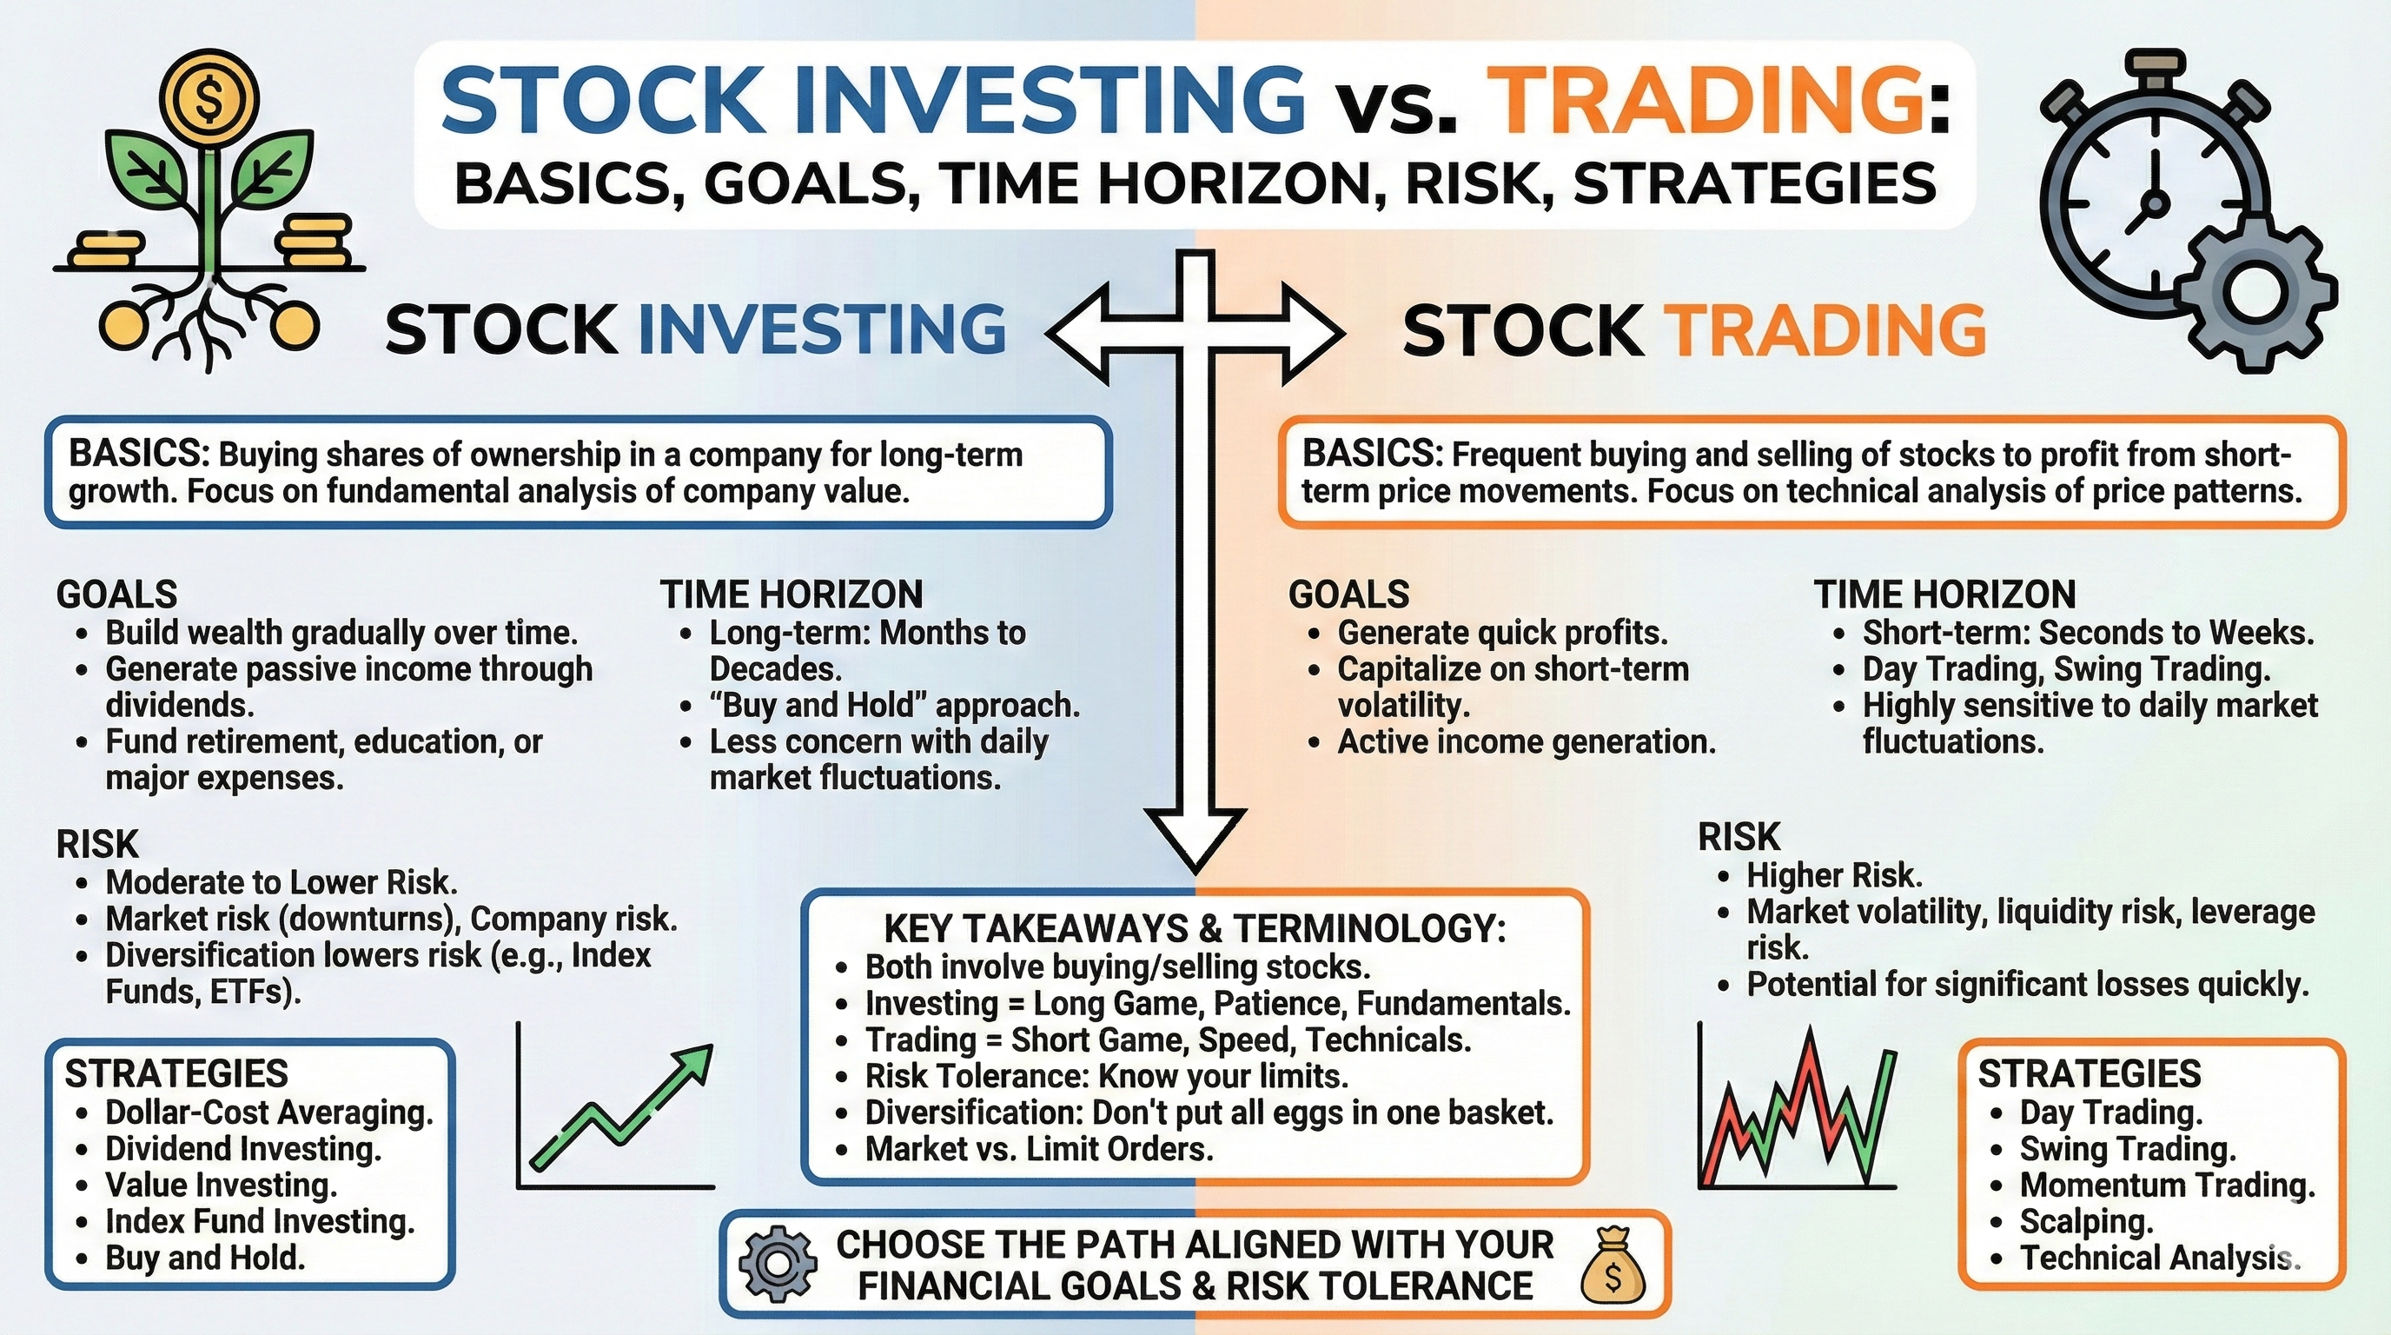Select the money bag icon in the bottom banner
(x=1613, y=1265)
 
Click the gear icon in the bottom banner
(x=778, y=1265)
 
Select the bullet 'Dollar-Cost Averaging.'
(x=269, y=1112)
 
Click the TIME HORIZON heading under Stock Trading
(x=1945, y=594)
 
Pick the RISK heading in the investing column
(x=97, y=844)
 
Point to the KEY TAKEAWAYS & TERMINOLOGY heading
(x=1195, y=928)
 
